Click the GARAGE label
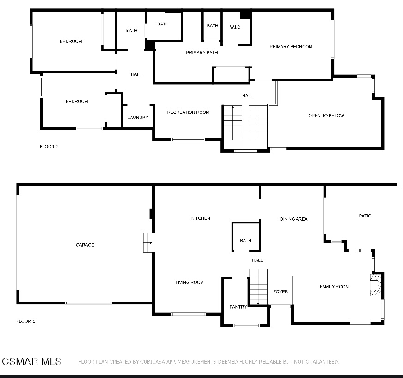[x=85, y=245]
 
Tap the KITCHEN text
[x=201, y=218]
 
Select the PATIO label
[x=365, y=216]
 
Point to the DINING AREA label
[x=294, y=219]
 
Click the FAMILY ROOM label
[x=334, y=287]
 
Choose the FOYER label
[x=281, y=291]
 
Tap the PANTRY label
[x=238, y=307]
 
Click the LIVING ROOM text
[x=189, y=282]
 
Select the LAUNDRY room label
[x=138, y=118]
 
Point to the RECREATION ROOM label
[x=188, y=112]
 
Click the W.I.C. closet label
[x=236, y=27]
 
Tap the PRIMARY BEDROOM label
[x=291, y=46]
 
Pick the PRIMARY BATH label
[x=202, y=53]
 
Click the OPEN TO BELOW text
[x=326, y=116]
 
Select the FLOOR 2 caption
[x=49, y=147]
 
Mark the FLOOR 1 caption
[x=25, y=321]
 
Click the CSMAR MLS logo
[x=31, y=361]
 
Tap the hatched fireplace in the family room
[x=376, y=285]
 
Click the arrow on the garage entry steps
[x=148, y=242]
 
